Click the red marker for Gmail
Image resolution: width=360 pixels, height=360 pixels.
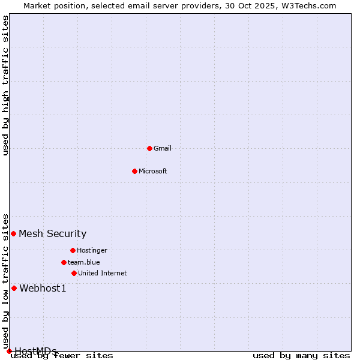(x=149, y=148)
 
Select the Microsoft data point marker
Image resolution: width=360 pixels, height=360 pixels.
(x=134, y=171)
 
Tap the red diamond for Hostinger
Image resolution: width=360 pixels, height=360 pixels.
(x=73, y=250)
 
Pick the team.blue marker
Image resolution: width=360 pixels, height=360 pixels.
(x=64, y=262)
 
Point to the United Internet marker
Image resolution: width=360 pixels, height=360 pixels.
(x=74, y=273)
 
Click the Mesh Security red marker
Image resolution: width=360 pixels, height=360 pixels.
(x=13, y=233)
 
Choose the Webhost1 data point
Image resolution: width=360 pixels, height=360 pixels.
(x=14, y=288)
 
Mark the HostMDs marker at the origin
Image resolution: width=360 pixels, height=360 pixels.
(x=9, y=351)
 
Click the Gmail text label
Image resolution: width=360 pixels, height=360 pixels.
(x=163, y=148)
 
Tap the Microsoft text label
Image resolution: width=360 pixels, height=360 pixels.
(x=152, y=171)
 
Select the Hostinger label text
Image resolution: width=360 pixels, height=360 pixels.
(x=92, y=250)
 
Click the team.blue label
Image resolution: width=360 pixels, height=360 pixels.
(x=83, y=262)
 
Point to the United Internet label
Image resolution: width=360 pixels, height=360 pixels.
(x=102, y=273)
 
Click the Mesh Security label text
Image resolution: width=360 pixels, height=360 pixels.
(x=52, y=233)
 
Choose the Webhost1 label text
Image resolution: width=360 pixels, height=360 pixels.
(x=43, y=288)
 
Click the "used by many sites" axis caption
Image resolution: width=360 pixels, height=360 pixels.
(x=301, y=356)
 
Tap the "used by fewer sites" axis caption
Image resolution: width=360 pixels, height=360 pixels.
(x=62, y=356)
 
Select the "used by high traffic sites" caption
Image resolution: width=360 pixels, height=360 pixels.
(x=6, y=85)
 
